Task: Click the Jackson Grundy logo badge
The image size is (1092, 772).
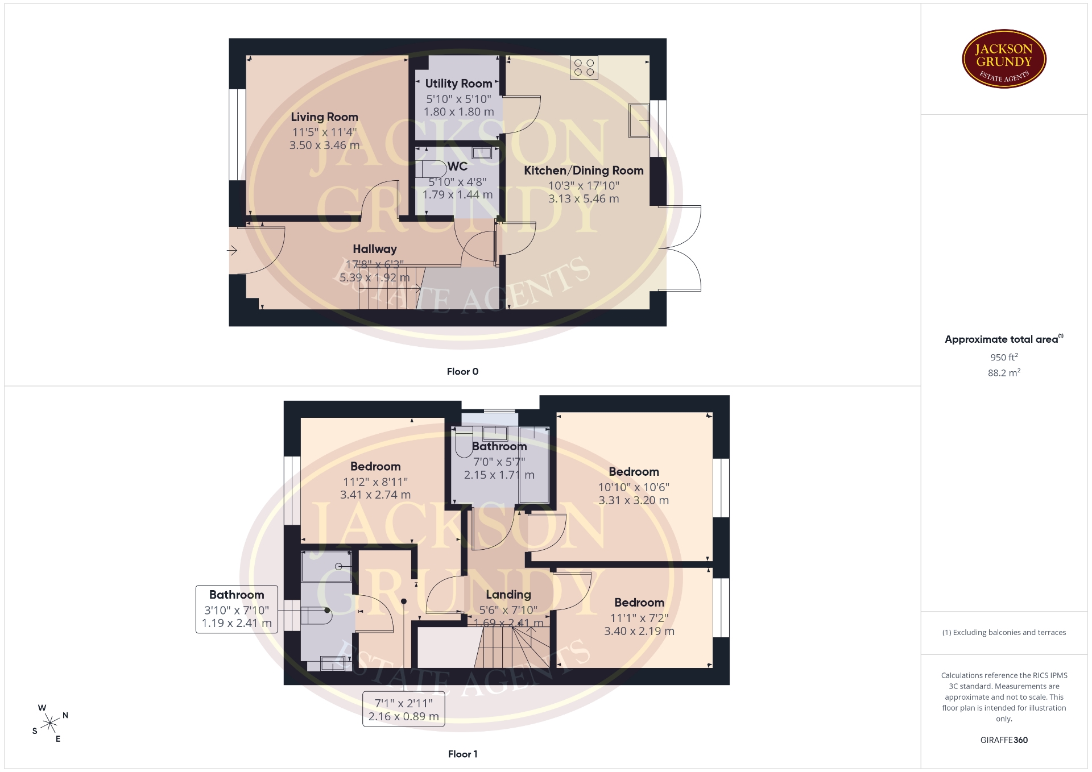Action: point(1004,59)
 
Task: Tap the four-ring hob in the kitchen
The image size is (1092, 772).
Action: point(584,68)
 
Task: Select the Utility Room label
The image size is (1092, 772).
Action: point(459,84)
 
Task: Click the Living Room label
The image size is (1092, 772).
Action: point(324,117)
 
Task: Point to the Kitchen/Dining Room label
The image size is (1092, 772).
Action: point(584,171)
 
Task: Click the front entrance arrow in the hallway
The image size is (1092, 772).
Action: point(232,250)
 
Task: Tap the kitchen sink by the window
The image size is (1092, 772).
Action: point(639,121)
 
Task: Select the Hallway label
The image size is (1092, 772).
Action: point(375,249)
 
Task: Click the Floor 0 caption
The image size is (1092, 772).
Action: point(462,371)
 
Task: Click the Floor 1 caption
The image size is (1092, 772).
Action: point(462,754)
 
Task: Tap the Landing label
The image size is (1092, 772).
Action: point(508,595)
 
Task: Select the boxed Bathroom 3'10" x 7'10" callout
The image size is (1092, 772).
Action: point(237,609)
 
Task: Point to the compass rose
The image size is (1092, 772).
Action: point(51,723)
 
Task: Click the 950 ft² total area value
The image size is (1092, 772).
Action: point(1004,357)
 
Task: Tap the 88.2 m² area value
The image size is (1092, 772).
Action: point(1004,373)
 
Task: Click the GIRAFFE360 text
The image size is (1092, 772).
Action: point(1004,740)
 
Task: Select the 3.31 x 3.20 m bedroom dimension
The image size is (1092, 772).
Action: point(634,501)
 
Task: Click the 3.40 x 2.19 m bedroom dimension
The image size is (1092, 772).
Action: point(639,632)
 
